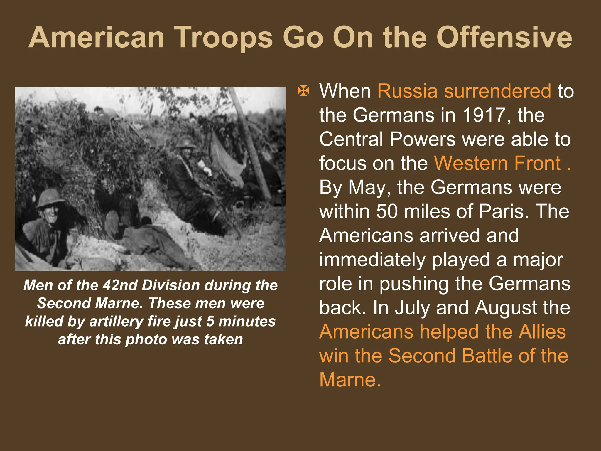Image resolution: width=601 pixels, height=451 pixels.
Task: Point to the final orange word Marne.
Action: [x=350, y=380]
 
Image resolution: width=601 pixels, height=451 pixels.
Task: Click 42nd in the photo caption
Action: [x=120, y=285]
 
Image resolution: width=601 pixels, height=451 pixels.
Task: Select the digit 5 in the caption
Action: [x=210, y=321]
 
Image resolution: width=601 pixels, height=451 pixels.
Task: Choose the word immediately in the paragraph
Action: [x=372, y=260]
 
